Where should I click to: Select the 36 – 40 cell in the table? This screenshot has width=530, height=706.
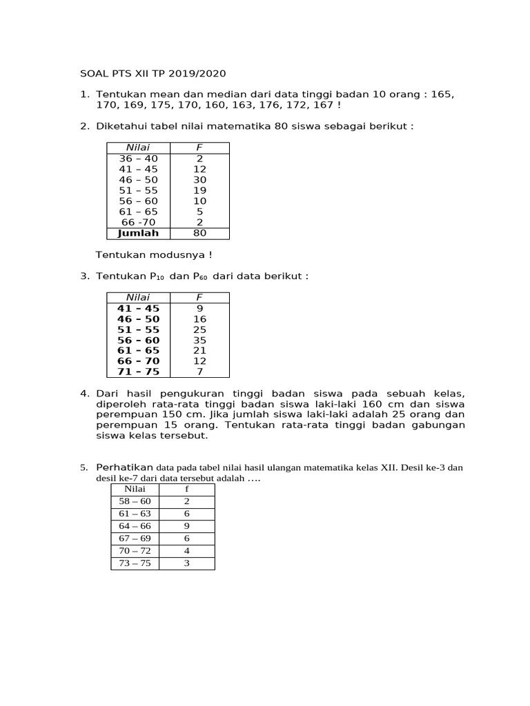tap(138, 159)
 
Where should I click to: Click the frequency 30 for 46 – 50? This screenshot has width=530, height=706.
tap(199, 180)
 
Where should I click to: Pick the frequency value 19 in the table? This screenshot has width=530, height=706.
tap(199, 190)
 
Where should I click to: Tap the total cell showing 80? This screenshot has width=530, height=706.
tap(199, 233)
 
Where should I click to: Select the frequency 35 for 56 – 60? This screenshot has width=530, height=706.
tap(199, 341)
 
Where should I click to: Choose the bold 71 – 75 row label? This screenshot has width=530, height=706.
tap(138, 372)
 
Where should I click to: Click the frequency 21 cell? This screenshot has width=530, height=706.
tap(199, 351)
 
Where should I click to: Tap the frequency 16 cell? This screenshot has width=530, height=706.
tap(199, 319)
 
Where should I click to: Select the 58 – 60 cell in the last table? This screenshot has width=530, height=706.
tap(135, 501)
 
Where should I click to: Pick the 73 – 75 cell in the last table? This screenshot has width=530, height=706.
tap(135, 563)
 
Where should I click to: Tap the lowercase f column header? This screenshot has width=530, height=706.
tap(186, 489)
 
